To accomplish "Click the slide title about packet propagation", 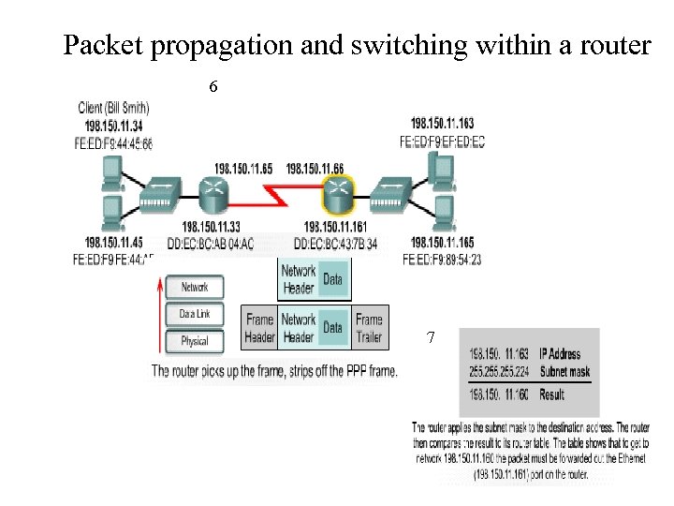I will [356, 45].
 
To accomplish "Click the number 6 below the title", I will [213, 87].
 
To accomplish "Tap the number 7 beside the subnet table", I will [430, 337].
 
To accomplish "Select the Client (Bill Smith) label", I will [114, 109].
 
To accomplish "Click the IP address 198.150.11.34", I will [113, 126].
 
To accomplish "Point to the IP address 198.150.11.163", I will [442, 124].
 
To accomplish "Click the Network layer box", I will [195, 288].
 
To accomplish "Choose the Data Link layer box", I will [195, 315].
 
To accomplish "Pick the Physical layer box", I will [195, 341].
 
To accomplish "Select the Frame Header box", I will [259, 328].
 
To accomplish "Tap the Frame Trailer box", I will [369, 328].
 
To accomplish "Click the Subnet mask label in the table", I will [564, 372].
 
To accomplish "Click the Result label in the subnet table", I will [552, 394].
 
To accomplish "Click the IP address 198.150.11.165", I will [442, 243].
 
